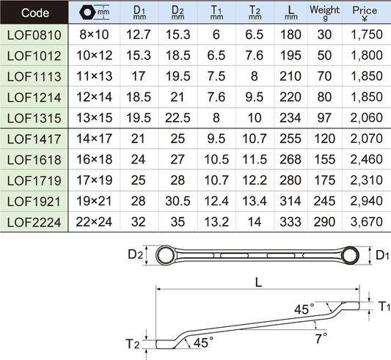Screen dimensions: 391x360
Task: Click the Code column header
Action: point(35,13)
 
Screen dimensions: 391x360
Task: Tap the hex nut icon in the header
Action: point(87,12)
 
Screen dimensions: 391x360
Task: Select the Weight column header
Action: point(325,12)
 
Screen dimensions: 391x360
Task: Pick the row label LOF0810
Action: point(34,35)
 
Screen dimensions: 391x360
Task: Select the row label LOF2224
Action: point(34,222)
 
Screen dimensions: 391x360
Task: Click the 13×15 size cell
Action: point(94,118)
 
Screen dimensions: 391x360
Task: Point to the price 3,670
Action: point(366,222)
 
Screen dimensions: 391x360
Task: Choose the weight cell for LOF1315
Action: point(324,118)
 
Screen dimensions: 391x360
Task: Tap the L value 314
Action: point(290,201)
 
